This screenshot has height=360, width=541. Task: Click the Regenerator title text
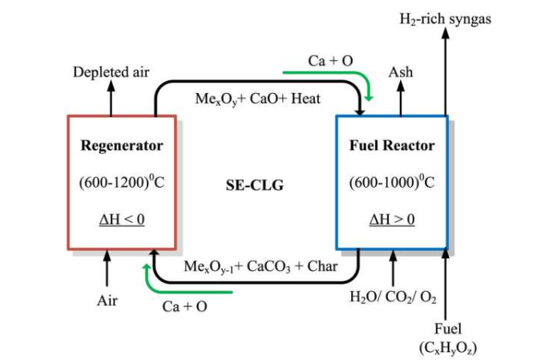(122, 146)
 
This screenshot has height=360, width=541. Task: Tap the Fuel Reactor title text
(392, 146)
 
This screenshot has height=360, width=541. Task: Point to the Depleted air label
(111, 72)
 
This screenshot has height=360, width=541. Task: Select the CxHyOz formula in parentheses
(448, 347)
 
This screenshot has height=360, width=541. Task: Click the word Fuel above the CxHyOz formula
(447, 329)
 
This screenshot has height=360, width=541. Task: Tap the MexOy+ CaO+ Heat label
(258, 99)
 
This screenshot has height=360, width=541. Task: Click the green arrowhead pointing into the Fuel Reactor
(369, 97)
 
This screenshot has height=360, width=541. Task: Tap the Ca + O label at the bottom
(185, 306)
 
